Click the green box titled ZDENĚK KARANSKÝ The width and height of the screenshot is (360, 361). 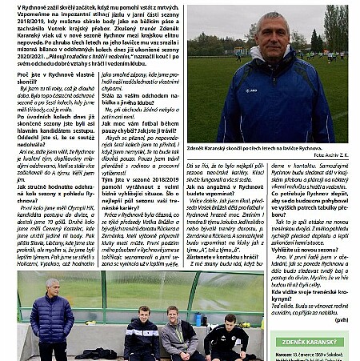pos(308,341)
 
